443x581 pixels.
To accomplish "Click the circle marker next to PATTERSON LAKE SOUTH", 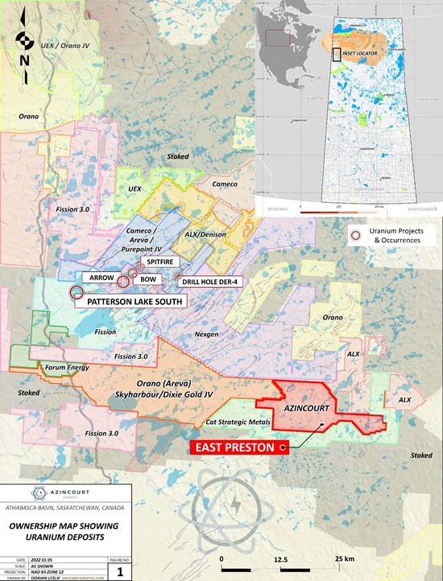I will click(77, 294).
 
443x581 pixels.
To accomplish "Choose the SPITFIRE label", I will click(160, 262).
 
